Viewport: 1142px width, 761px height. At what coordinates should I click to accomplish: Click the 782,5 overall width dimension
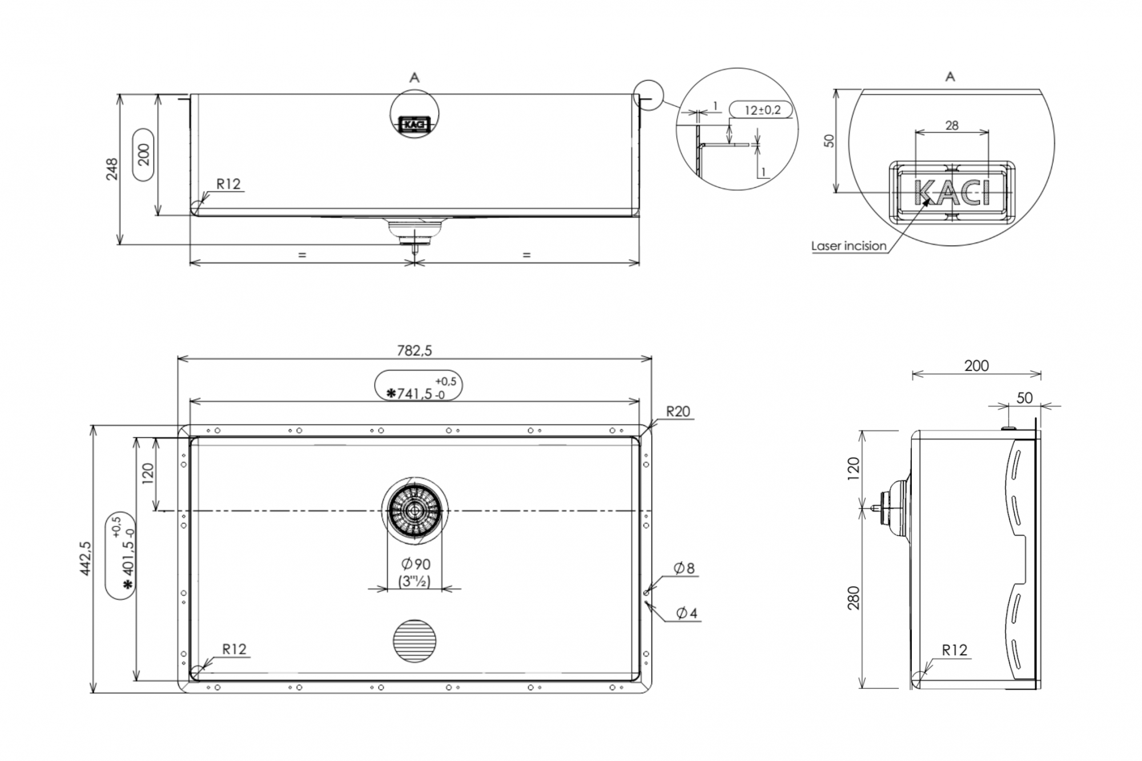(415, 350)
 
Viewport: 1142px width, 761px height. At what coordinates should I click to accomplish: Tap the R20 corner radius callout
(678, 411)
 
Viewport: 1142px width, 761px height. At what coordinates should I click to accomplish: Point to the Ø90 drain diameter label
(416, 564)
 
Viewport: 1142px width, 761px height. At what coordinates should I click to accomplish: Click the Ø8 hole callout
(684, 568)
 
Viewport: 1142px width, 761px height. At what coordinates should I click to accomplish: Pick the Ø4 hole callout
(687, 613)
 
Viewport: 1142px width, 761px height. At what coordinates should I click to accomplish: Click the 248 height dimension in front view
(112, 169)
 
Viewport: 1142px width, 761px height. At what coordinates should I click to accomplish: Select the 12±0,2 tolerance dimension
(762, 110)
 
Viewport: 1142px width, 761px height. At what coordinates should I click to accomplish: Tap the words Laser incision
(849, 246)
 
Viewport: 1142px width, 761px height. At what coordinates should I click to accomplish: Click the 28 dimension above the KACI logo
(952, 125)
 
